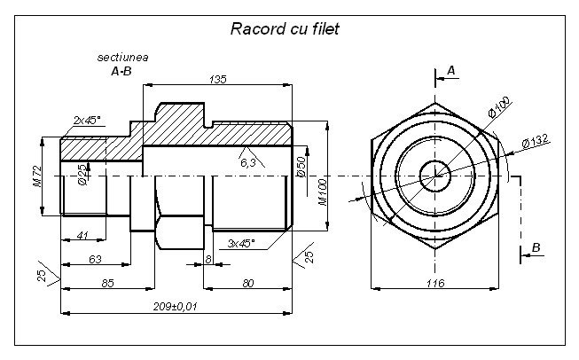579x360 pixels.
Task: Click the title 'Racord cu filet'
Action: tap(285, 28)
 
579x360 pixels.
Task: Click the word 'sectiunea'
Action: tap(122, 58)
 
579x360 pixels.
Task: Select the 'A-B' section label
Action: tap(121, 71)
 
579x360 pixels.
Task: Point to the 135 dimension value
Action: tap(217, 80)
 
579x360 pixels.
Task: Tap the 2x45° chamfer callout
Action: tap(87, 120)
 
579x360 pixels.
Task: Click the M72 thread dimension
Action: tap(38, 176)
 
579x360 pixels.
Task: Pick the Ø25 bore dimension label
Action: tap(82, 175)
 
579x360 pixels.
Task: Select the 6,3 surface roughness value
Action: tap(247, 162)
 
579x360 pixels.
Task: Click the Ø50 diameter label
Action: tap(301, 168)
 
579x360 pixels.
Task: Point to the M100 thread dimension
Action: tap(323, 192)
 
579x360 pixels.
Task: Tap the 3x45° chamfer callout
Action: tap(241, 243)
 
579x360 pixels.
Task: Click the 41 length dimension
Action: tap(82, 235)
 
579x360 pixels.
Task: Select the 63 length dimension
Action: tap(95, 259)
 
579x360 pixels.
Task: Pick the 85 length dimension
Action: tap(107, 283)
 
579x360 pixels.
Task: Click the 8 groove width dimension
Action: tap(208, 259)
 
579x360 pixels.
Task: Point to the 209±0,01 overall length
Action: tap(176, 307)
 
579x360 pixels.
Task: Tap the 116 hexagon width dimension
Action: tap(435, 283)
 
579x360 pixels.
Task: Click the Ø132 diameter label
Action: tap(536, 141)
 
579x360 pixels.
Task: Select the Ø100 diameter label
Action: tap(499, 106)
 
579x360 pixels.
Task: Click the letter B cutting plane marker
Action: tap(536, 247)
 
